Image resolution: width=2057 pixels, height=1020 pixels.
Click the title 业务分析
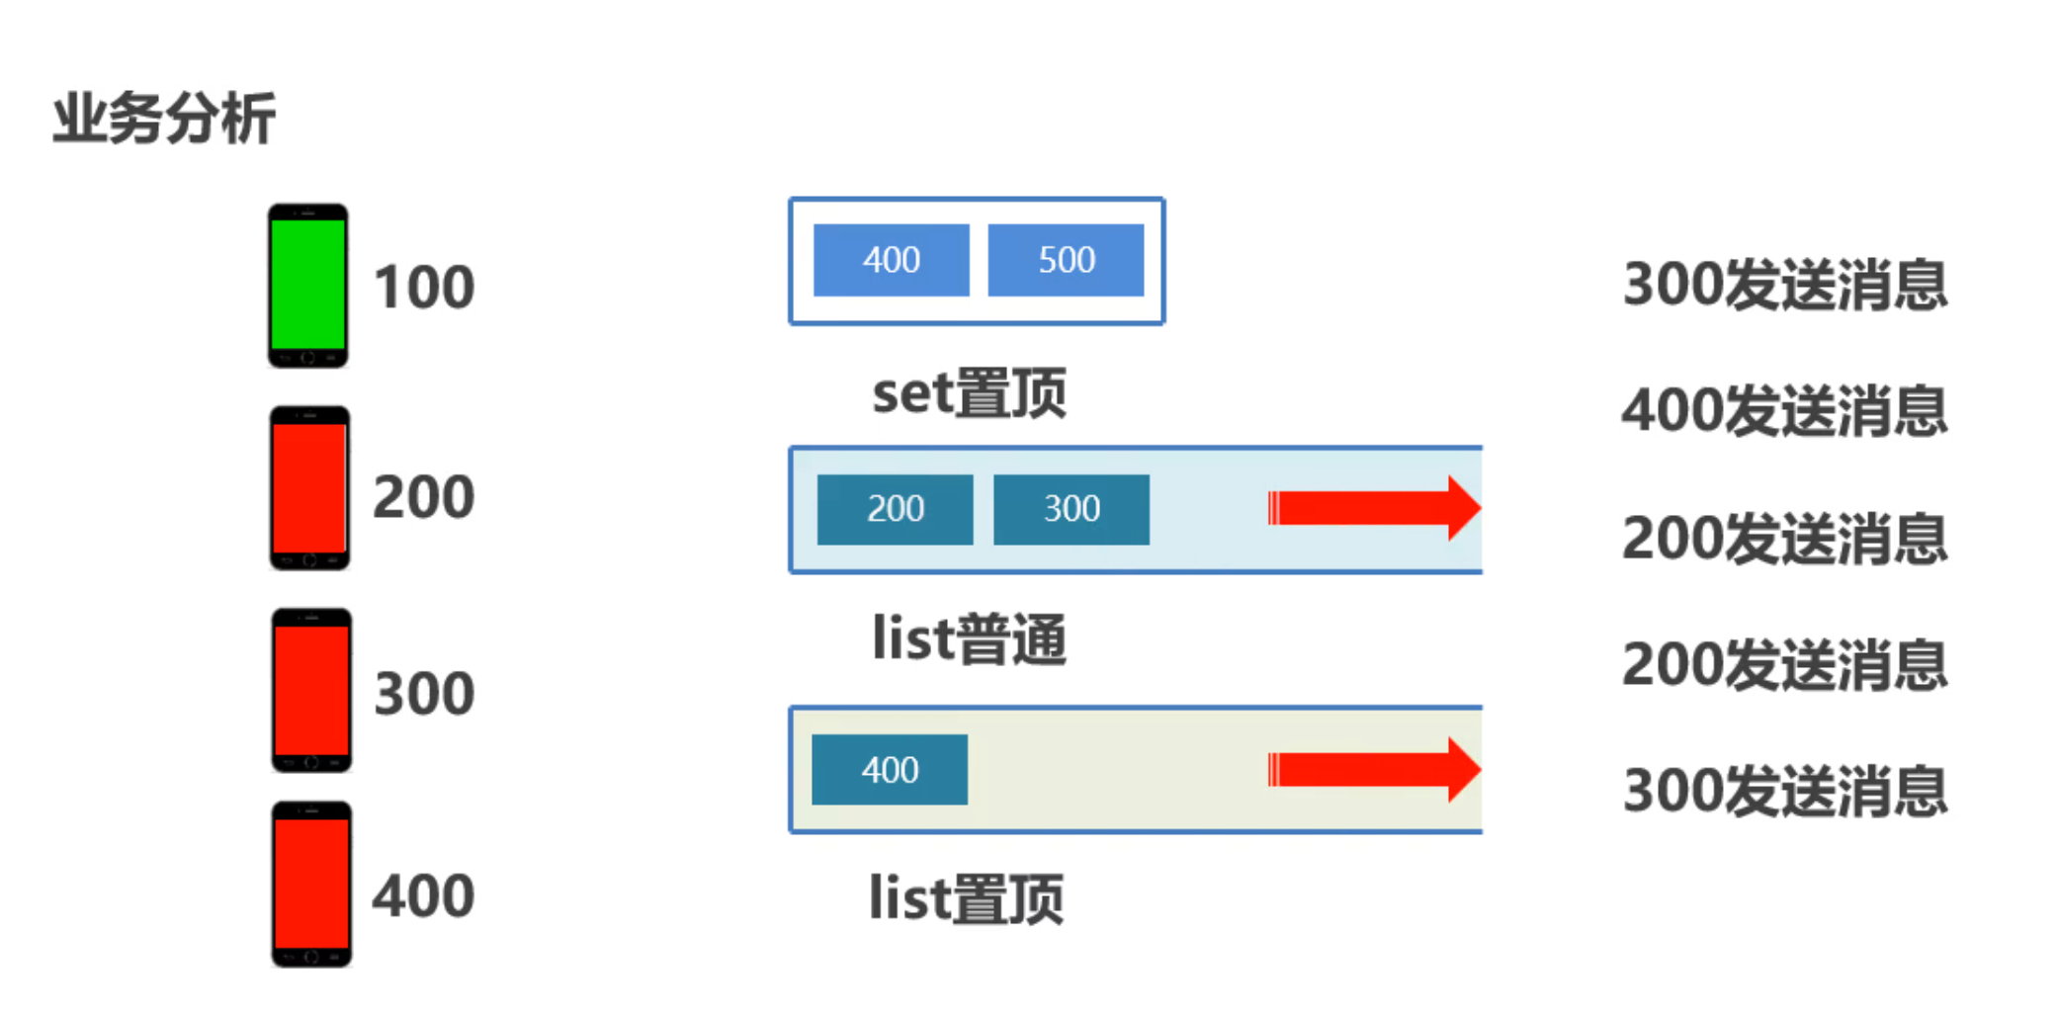(x=164, y=119)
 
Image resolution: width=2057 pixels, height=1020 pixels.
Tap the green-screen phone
(x=307, y=286)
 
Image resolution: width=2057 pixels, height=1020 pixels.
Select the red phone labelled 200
(x=309, y=488)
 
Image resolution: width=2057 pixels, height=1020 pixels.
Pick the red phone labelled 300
(x=311, y=691)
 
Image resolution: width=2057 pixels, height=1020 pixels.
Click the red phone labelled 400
(x=311, y=885)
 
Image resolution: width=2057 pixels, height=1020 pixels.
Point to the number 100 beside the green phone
(x=424, y=288)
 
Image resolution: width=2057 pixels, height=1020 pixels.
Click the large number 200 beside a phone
(x=424, y=496)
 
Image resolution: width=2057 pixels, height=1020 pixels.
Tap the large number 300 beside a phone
(x=424, y=694)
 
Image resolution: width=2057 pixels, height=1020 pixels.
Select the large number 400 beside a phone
(x=424, y=896)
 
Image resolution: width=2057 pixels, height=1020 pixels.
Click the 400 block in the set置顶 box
(x=891, y=260)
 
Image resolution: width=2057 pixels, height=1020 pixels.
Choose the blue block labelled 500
(x=1066, y=260)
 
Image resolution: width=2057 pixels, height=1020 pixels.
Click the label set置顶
(x=969, y=393)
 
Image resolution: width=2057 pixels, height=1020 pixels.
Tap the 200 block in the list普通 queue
(x=895, y=509)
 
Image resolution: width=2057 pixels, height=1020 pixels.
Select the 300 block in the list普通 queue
(x=1071, y=509)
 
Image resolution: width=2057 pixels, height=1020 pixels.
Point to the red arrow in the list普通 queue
(x=1374, y=508)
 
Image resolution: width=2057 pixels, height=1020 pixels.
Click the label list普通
(x=969, y=639)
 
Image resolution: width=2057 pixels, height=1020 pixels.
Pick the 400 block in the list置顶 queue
(x=890, y=770)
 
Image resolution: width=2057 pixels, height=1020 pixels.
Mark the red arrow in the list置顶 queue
(x=1374, y=769)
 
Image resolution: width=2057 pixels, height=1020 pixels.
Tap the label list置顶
(x=966, y=898)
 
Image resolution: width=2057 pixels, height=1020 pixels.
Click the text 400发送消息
(x=1784, y=411)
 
